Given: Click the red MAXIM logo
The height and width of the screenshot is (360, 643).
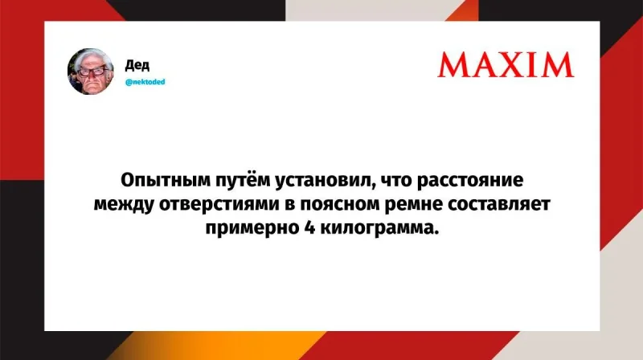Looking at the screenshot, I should (x=506, y=64).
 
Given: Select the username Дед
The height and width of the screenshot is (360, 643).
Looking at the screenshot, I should (x=137, y=64).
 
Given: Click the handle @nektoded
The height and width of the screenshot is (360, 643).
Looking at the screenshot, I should (x=145, y=81).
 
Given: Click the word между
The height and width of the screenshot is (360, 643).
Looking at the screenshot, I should (x=121, y=203).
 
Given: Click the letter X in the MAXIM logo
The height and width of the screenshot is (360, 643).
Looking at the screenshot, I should (x=513, y=64).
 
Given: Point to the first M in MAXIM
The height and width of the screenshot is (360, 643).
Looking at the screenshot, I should (x=455, y=64).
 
